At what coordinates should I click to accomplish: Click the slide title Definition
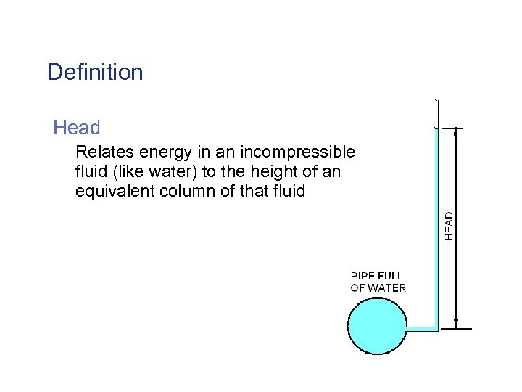click(95, 73)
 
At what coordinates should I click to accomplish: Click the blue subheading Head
click(76, 128)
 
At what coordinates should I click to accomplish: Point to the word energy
click(159, 153)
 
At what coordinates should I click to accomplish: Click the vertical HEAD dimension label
click(449, 226)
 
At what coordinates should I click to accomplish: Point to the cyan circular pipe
click(377, 327)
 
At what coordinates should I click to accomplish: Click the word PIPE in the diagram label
click(363, 276)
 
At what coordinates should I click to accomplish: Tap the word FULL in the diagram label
click(391, 276)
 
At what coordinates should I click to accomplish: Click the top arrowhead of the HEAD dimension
click(456, 133)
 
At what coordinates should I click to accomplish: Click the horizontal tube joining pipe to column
click(420, 329)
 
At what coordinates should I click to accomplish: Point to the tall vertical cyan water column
click(436, 225)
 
